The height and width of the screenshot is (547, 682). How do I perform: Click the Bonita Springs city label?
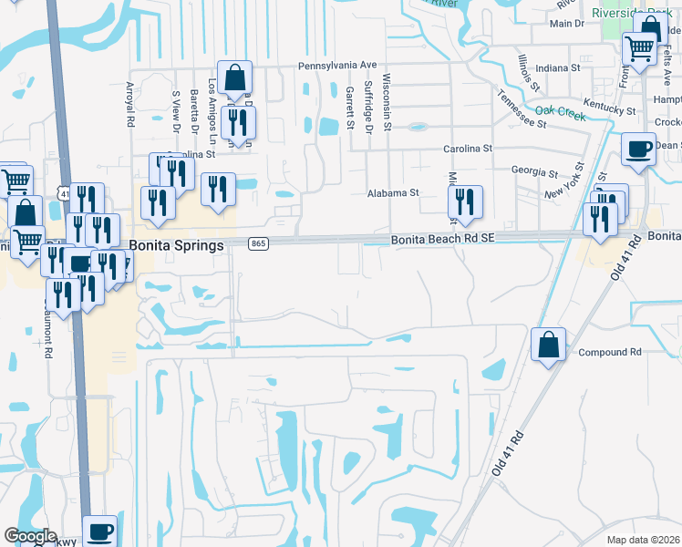tap(177, 245)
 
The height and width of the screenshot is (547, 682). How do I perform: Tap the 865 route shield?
tap(259, 243)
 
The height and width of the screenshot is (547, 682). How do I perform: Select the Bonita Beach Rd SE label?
tap(443, 239)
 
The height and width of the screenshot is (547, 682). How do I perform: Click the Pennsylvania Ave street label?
tap(337, 66)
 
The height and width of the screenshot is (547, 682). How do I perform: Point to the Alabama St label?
tap(392, 193)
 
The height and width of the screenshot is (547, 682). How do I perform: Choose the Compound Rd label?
tap(610, 352)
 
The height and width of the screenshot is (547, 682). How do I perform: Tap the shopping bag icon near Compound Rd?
tap(548, 346)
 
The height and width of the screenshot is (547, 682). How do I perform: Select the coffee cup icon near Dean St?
tap(638, 147)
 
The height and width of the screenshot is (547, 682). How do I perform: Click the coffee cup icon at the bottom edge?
tap(100, 531)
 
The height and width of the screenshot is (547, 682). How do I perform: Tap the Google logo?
tap(30, 536)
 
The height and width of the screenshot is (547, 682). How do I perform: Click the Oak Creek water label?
tap(560, 111)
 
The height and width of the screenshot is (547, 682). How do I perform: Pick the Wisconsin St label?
tap(387, 101)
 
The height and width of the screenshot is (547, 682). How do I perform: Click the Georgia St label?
tap(534, 171)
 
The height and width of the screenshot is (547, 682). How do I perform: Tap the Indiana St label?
tap(558, 68)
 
